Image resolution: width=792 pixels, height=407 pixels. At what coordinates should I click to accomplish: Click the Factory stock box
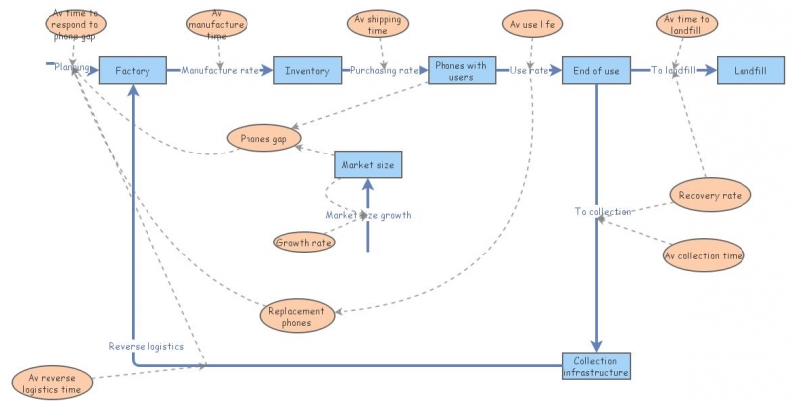[x=132, y=71]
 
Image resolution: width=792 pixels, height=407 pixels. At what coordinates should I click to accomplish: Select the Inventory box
[x=307, y=71]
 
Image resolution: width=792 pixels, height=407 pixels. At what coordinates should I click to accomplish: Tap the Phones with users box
[x=460, y=71]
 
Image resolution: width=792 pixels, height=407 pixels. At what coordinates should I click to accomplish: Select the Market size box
[x=367, y=165]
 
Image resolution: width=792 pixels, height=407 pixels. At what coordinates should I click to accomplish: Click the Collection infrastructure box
[x=596, y=366]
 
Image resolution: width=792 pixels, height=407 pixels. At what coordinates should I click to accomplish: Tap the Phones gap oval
[x=263, y=140]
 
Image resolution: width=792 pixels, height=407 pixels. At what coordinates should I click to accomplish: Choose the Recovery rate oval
[x=710, y=196]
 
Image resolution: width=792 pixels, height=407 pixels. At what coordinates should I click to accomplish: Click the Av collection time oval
[x=703, y=254]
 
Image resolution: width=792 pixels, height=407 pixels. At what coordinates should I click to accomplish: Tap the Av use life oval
[x=533, y=22]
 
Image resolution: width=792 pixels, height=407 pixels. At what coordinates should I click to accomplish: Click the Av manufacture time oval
[x=218, y=23]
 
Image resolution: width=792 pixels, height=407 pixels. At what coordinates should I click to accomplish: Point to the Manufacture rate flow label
[x=220, y=71]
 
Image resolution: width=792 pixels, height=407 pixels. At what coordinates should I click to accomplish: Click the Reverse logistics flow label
[x=147, y=346]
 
